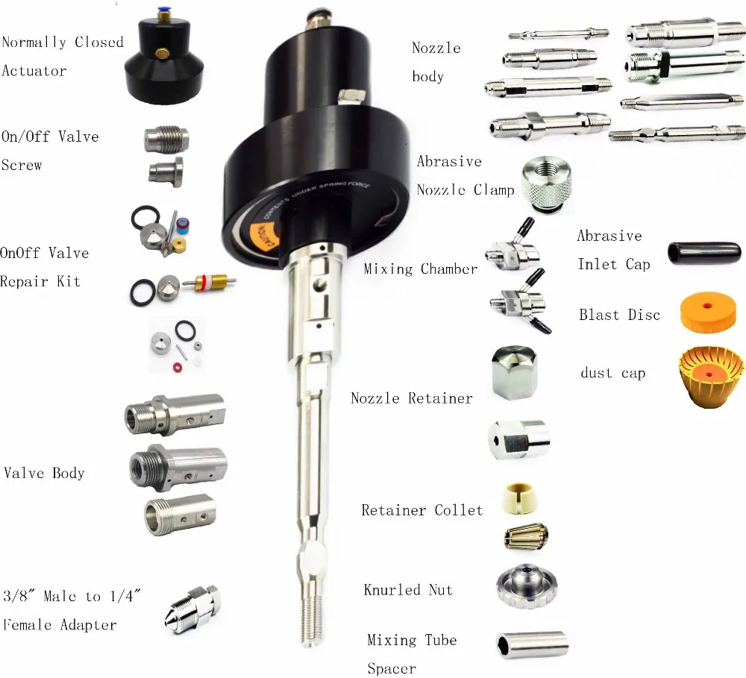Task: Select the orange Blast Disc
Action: point(708,312)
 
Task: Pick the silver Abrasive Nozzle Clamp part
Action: point(549,182)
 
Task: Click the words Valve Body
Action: point(44,473)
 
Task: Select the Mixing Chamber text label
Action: point(421,269)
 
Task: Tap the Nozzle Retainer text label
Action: point(411,398)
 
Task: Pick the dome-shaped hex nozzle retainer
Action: point(514,373)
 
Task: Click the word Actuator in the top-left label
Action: point(34,71)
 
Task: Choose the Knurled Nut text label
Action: point(408,590)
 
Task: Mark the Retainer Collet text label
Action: point(421,510)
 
